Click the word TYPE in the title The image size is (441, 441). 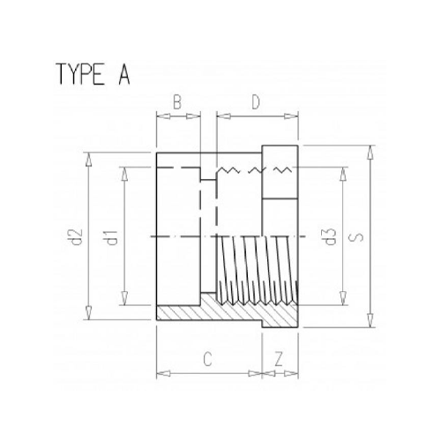[x=81, y=74]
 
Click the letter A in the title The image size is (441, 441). [x=123, y=74]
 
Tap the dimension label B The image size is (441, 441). [x=176, y=102]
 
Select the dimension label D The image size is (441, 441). [x=256, y=102]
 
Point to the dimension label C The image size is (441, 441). [x=207, y=359]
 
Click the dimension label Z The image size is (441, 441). [x=279, y=359]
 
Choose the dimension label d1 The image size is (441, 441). [x=113, y=237]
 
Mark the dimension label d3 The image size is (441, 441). [x=331, y=236]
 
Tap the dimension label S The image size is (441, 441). [x=356, y=237]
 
